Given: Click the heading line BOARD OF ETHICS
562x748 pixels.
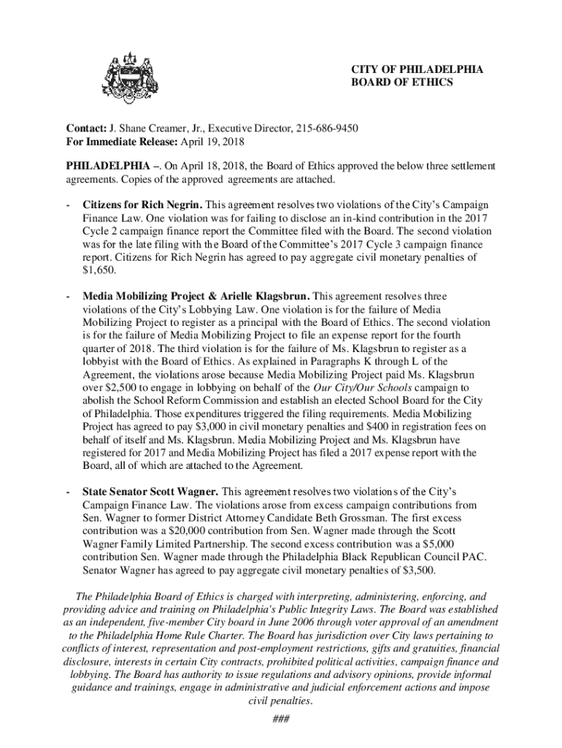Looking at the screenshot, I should [x=401, y=83].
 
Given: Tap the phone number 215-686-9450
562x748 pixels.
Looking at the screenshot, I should [x=326, y=129].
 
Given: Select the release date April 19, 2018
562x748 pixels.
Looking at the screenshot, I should [x=212, y=142].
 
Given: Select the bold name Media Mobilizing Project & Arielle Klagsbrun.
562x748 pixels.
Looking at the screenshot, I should [x=196, y=296].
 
